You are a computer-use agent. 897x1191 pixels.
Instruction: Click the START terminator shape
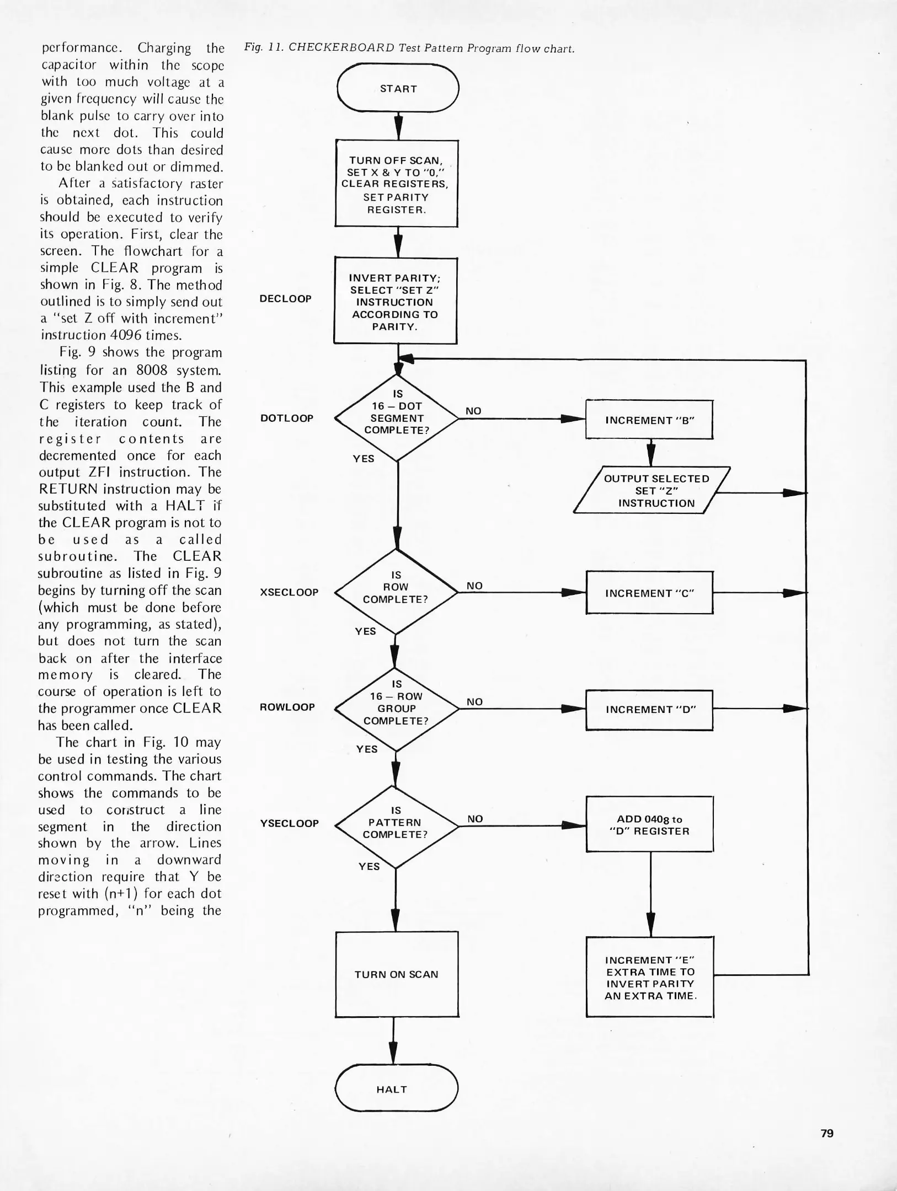click(398, 88)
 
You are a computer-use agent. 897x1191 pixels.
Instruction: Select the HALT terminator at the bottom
click(396, 1089)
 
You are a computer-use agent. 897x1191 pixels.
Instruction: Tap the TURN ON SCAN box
click(397, 974)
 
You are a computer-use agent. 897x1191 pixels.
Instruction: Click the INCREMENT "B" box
click(649, 420)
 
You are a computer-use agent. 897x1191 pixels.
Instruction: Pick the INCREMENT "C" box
click(649, 593)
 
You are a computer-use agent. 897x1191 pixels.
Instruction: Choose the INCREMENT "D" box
click(649, 710)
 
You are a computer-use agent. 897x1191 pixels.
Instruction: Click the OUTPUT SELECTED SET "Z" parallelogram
click(652, 491)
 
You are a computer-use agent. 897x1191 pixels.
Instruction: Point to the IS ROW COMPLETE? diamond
click(396, 592)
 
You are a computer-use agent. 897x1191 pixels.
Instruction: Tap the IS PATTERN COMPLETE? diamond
click(396, 825)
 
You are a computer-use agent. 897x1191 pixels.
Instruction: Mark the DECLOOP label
click(285, 298)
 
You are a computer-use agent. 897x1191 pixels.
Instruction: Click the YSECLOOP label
click(289, 823)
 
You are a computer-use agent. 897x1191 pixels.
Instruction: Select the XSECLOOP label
click(289, 592)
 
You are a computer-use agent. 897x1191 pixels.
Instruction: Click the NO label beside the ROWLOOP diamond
click(474, 701)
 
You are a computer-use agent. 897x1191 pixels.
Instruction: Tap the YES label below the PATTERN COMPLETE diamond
click(369, 866)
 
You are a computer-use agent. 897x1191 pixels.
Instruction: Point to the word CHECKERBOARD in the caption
click(341, 47)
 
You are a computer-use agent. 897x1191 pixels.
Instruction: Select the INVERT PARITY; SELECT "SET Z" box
click(395, 302)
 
